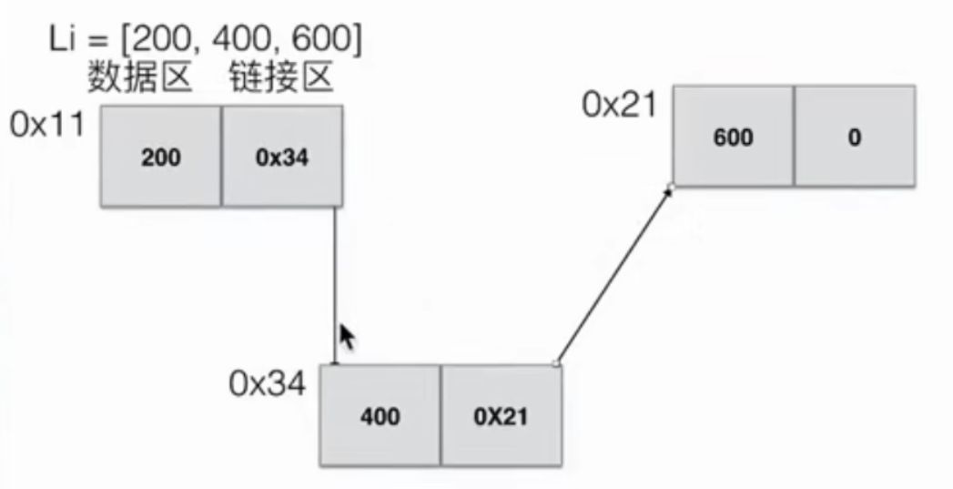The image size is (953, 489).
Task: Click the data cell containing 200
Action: point(160,157)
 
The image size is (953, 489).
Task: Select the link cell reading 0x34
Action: point(282,157)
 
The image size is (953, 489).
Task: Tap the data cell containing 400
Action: point(380,416)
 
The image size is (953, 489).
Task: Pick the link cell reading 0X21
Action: point(502,416)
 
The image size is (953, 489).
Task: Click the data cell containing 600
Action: point(734,137)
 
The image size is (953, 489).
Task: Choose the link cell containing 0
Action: point(855,137)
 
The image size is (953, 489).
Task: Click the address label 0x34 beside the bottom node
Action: point(267,383)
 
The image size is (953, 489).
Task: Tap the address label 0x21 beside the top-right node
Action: point(620,105)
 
